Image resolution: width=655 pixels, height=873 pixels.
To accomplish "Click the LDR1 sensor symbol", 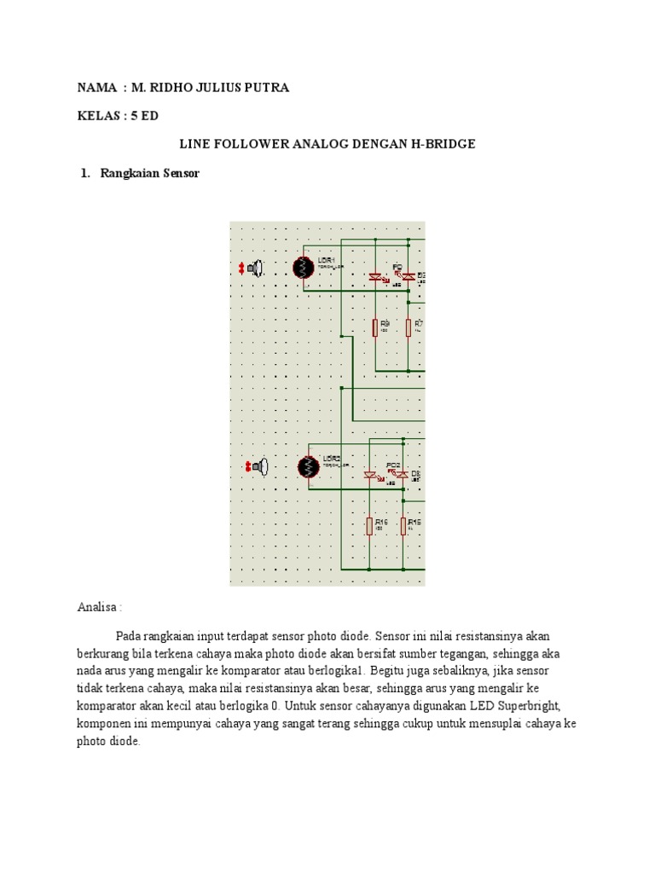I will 303,268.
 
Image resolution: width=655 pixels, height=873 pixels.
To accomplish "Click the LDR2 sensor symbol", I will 308,467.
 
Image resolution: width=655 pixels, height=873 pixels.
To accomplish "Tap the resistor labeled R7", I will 409,327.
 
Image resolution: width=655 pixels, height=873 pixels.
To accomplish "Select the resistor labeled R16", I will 369,526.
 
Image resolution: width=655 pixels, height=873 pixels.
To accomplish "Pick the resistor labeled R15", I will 403,526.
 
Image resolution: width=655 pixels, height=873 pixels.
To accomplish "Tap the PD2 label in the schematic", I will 392,465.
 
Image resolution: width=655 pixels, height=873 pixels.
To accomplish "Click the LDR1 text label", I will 326,259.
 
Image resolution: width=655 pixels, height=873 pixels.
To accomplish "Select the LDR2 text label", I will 331,459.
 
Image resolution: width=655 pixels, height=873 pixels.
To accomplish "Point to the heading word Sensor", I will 180,173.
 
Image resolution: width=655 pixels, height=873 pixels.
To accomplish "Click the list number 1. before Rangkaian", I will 84,173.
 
